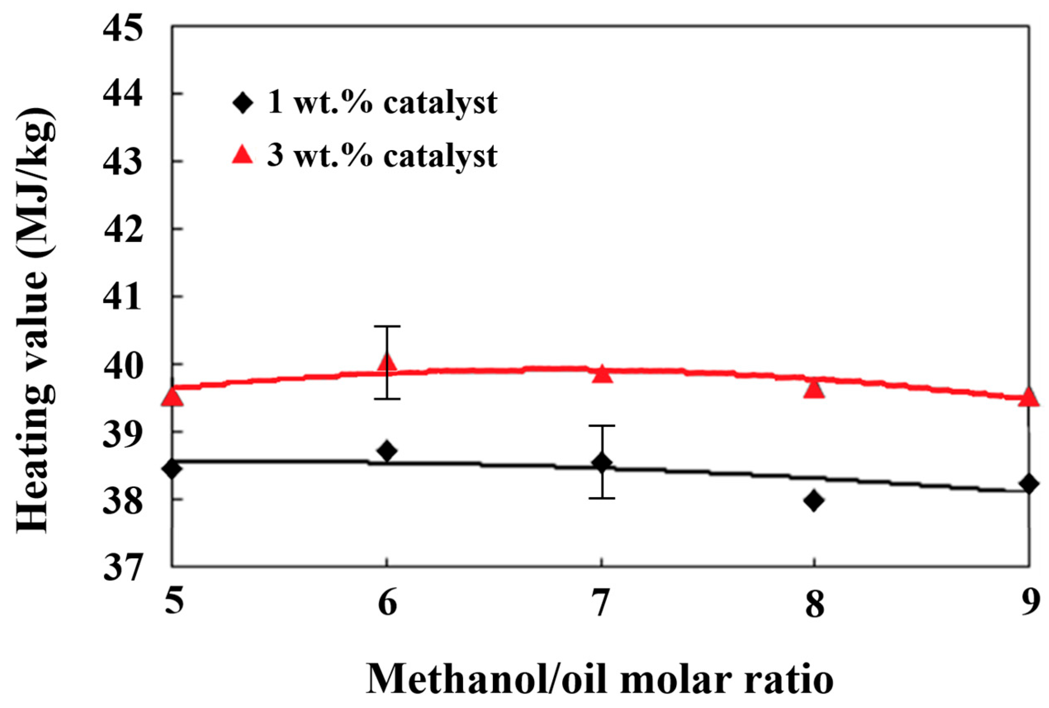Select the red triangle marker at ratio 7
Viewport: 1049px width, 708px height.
pyautogui.click(x=601, y=375)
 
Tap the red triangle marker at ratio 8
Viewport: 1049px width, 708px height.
pyautogui.click(x=814, y=389)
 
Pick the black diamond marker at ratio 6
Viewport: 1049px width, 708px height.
pyautogui.click(x=387, y=451)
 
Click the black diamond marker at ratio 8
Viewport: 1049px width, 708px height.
pyautogui.click(x=814, y=501)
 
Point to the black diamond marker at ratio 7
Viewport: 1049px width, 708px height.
pyautogui.click(x=601, y=463)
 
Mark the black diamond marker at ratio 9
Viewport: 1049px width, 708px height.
pyautogui.click(x=1029, y=484)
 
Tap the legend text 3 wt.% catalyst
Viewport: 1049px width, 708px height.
pyautogui.click(x=382, y=156)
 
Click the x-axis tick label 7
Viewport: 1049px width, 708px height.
pyautogui.click(x=601, y=604)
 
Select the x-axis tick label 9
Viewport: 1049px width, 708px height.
pyautogui.click(x=1030, y=603)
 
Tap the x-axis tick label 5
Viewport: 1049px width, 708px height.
pyautogui.click(x=174, y=603)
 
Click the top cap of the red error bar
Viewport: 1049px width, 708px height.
pyautogui.click(x=387, y=326)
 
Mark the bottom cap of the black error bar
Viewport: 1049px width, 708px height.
pyautogui.click(x=601, y=498)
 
